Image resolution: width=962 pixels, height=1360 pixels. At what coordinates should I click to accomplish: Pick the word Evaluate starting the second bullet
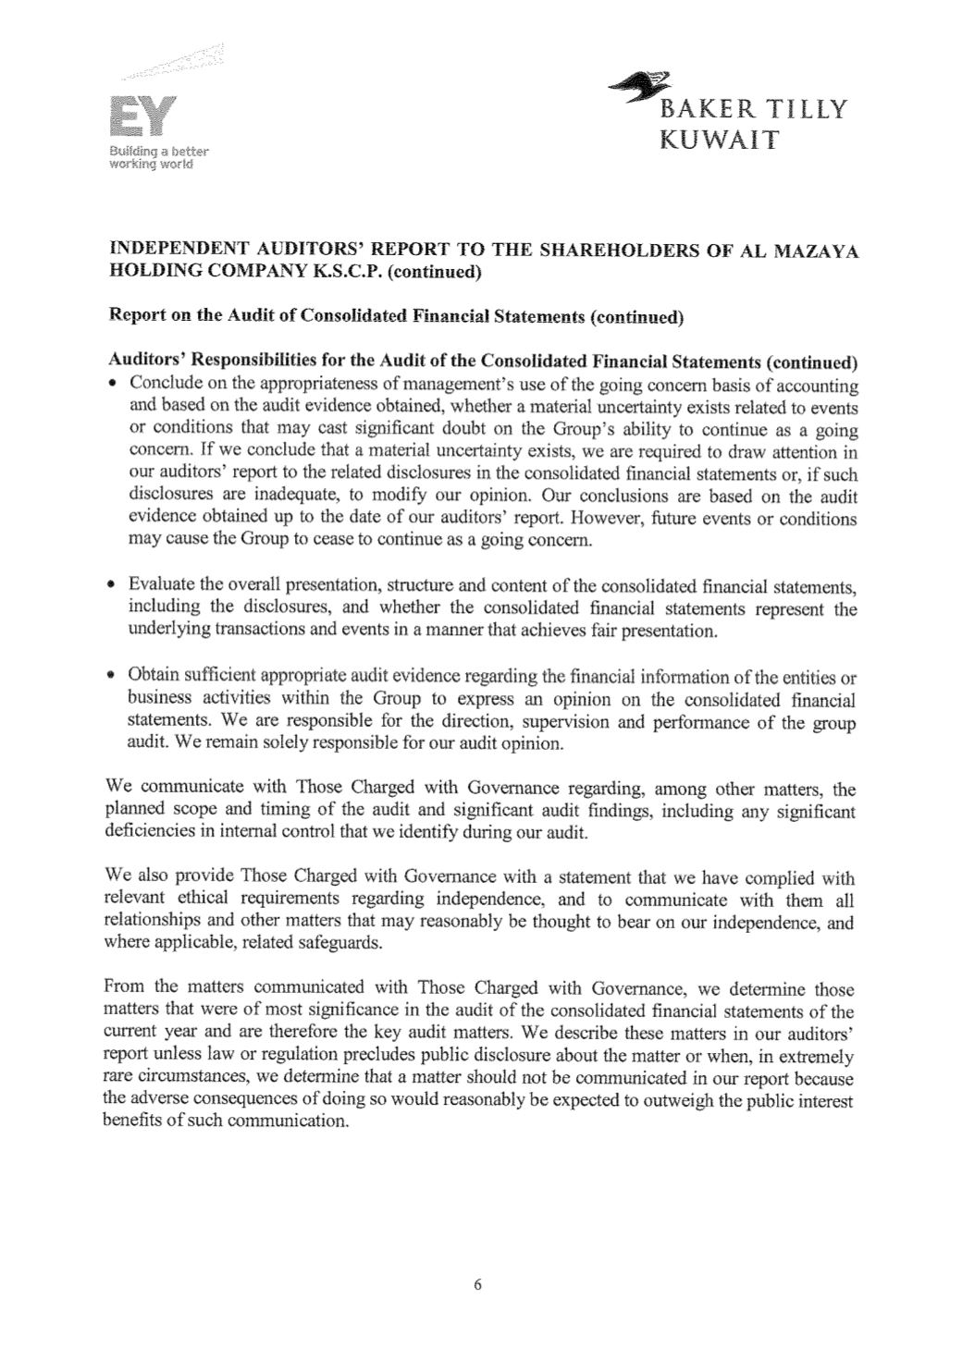161,586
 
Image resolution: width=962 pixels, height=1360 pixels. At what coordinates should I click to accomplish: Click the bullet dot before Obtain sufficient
113,675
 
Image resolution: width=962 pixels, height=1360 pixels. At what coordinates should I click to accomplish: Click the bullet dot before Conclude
113,385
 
